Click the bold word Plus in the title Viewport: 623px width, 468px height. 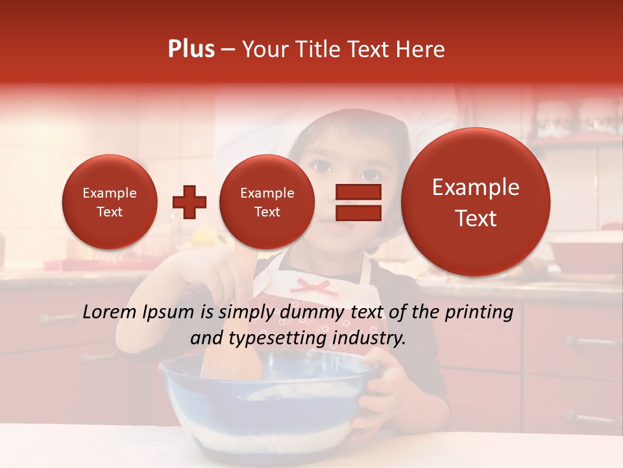(x=191, y=49)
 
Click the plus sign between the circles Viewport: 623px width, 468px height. (x=189, y=202)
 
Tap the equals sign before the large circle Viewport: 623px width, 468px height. (x=358, y=202)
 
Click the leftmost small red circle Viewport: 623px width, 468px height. (x=109, y=202)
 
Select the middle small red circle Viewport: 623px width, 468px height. (x=267, y=202)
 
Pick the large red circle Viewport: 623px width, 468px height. (x=476, y=202)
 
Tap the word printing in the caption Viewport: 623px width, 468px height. (x=478, y=313)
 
